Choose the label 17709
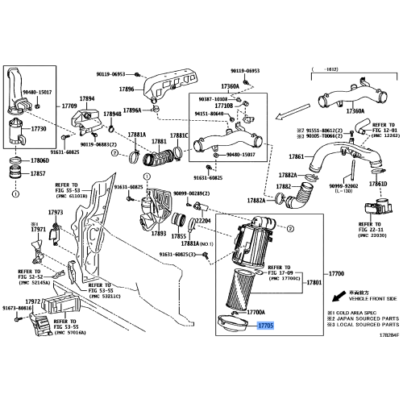(69, 106)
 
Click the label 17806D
(39, 160)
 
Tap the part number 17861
(296, 156)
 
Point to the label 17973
(56, 212)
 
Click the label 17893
(158, 234)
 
